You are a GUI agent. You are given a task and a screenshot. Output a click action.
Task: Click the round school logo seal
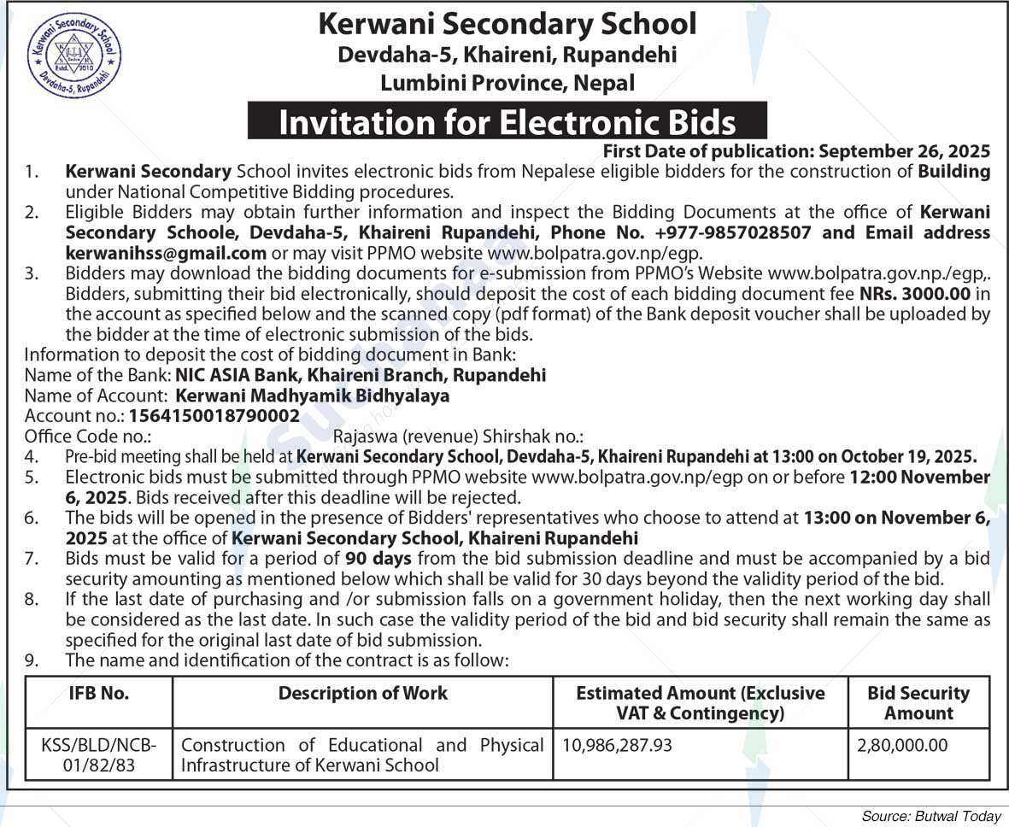pos(74,55)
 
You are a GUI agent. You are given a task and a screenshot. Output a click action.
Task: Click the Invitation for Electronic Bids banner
pos(507,121)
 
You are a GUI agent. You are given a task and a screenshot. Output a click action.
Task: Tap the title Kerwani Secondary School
pos(507,23)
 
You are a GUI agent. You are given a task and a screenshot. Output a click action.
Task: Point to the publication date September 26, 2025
pos(905,151)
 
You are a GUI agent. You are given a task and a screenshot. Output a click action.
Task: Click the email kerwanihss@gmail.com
pos(166,253)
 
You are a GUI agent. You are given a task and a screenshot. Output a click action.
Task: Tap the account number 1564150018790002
pos(214,416)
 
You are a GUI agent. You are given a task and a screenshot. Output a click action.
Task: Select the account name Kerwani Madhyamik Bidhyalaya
pos(312,396)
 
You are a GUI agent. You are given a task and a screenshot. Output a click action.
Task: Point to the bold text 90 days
pos(378,559)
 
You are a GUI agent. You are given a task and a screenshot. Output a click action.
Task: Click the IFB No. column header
pos(99,694)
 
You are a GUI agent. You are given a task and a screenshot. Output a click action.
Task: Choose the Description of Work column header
pos(363,694)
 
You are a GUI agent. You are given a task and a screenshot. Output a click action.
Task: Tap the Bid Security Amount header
pos(918,703)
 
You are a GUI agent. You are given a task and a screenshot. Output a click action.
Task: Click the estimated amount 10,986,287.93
pos(616,745)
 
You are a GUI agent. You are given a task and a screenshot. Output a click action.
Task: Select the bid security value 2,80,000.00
pos(902,745)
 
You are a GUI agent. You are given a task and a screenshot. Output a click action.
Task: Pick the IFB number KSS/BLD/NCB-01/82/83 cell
pos(99,754)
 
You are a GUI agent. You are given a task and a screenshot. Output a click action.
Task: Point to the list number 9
pos(31,660)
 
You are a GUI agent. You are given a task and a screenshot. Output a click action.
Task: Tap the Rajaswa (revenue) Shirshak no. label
pos(459,437)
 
